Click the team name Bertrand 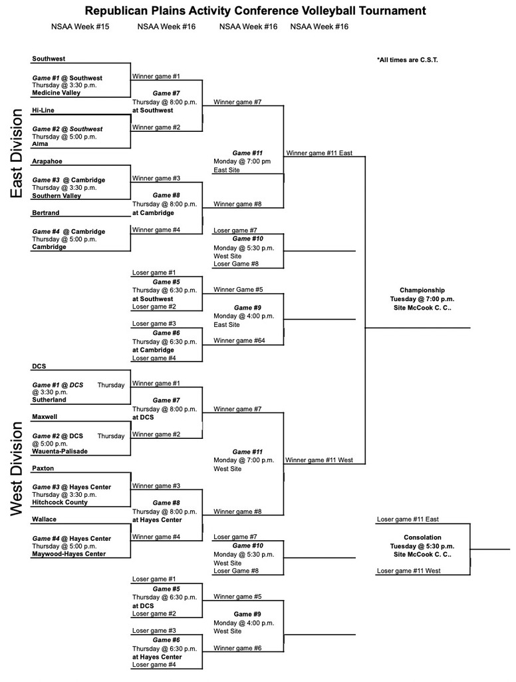(45, 213)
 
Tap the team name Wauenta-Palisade (60, 451)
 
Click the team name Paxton (43, 468)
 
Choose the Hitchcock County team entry (60, 502)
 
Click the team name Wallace (44, 519)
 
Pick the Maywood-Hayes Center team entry (68, 553)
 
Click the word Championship (422, 290)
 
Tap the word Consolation (422, 537)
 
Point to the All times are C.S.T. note (407, 60)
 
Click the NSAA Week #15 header (80, 27)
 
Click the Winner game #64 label (239, 341)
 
